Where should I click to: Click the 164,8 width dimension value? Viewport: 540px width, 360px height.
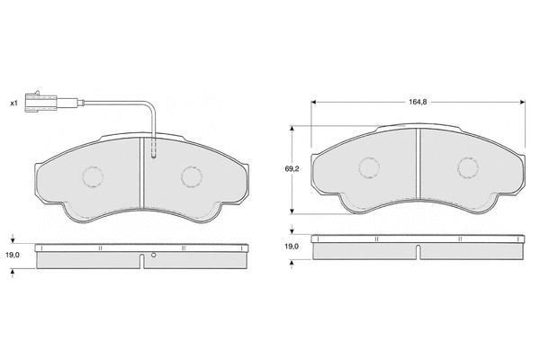418,102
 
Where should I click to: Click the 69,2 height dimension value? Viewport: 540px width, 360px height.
292,169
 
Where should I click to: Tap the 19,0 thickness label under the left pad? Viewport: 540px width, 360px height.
13,255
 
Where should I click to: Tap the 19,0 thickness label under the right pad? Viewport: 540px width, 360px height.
292,247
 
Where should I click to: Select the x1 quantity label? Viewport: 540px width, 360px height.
13,103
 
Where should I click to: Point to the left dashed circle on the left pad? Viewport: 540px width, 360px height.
93,177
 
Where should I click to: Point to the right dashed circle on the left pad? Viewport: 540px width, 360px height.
192,177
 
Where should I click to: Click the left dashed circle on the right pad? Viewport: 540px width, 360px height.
369,168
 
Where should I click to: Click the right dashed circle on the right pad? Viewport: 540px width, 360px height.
468,168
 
